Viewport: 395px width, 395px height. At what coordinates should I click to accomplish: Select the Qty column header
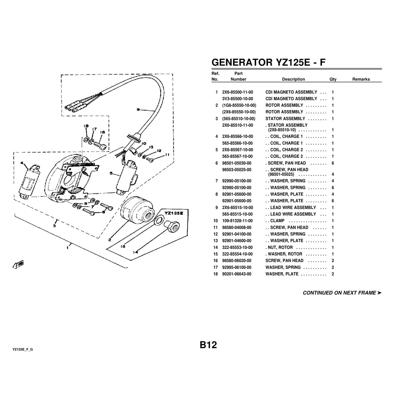[333, 79]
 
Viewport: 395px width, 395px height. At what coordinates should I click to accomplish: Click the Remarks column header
[361, 79]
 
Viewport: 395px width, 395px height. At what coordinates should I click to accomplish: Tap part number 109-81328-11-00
[237, 221]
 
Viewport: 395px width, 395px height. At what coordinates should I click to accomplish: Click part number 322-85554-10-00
[237, 254]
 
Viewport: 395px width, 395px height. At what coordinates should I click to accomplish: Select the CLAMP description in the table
[277, 221]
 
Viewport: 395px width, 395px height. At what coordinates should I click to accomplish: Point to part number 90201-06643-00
[237, 274]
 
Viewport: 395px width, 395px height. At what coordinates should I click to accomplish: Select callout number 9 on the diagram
[138, 110]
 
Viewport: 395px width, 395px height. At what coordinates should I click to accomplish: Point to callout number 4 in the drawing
[22, 163]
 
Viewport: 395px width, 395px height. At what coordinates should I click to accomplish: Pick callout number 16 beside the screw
[102, 132]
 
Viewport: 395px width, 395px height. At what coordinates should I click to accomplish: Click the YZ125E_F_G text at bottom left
[23, 349]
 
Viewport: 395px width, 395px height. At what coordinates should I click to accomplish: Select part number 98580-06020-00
[237, 261]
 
